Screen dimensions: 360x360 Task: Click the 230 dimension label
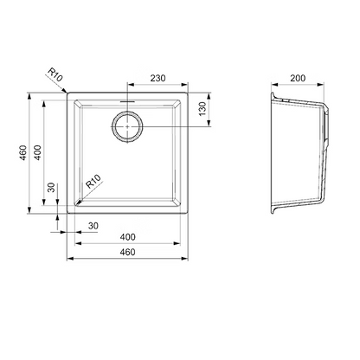[157, 78]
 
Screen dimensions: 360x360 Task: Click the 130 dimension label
[202, 109]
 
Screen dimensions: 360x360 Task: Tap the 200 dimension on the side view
[298, 78]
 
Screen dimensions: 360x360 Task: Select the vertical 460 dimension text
[23, 152]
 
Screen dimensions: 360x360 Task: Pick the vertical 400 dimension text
[37, 152]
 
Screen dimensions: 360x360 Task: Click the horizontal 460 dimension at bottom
[127, 252]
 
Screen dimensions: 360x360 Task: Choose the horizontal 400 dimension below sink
[127, 237]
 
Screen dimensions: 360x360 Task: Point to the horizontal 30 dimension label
[93, 226]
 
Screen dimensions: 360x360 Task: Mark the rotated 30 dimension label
[51, 188]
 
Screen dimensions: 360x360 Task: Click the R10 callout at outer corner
[55, 74]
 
